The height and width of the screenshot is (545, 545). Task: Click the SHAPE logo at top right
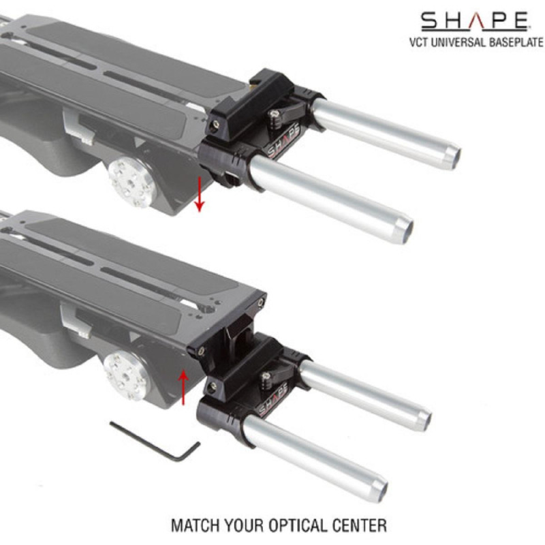474,20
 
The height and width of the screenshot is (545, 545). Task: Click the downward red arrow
199,193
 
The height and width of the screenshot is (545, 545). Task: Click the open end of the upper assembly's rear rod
450,153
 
